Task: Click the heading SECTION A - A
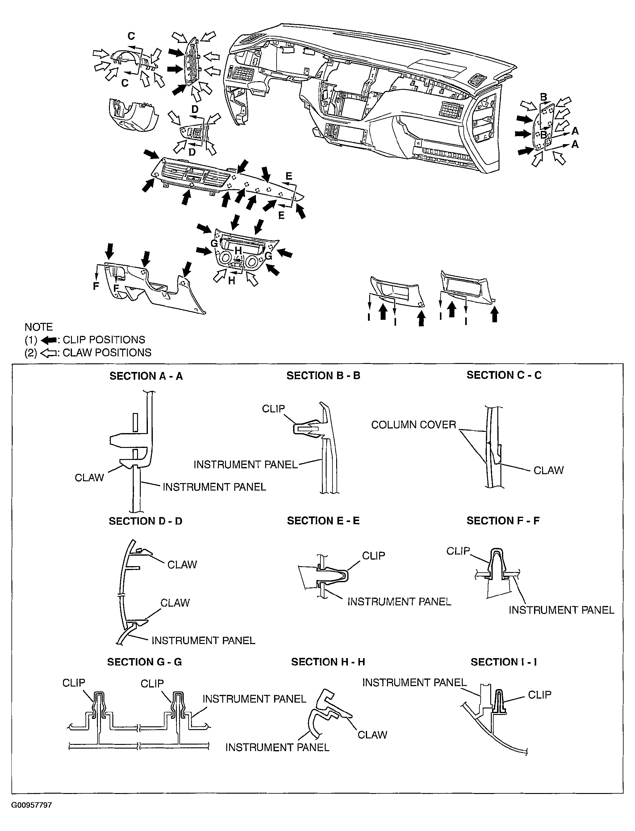coord(146,376)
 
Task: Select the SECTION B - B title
coord(323,376)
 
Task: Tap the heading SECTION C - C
coord(504,375)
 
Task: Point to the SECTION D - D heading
coord(145,521)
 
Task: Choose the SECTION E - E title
coord(323,521)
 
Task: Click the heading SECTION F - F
coord(503,521)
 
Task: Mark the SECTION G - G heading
coord(144,662)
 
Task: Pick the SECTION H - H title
coord(328,662)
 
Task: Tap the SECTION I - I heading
coord(504,662)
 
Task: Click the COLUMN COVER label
coord(413,425)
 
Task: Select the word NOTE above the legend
coord(39,327)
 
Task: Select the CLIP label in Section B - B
coord(273,409)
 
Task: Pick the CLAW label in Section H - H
coord(372,735)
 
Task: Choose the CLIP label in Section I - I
coord(539,695)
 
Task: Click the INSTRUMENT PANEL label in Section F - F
coord(561,610)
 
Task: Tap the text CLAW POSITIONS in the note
coord(107,353)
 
